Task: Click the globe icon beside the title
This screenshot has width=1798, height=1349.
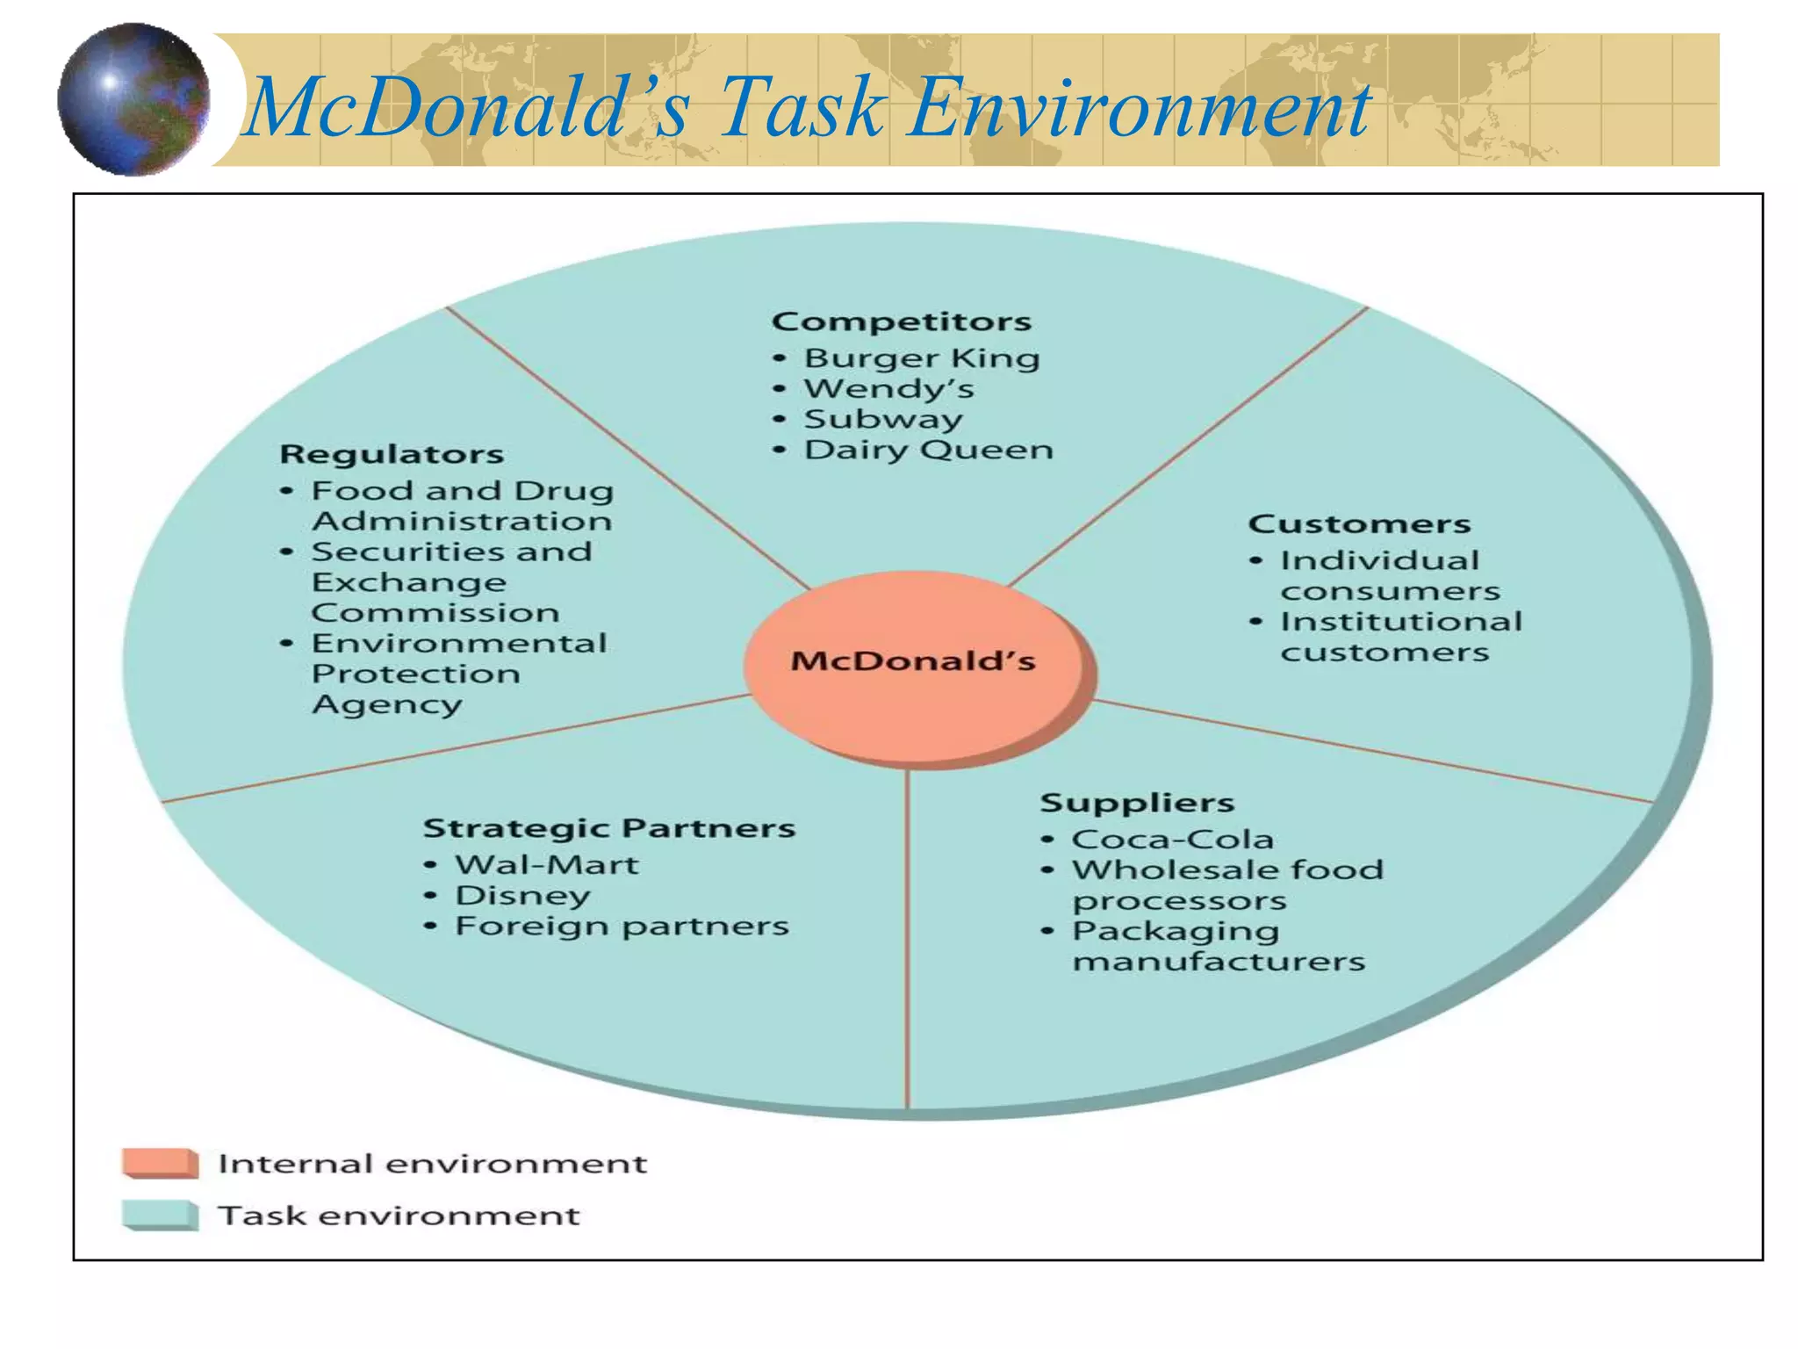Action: tap(133, 99)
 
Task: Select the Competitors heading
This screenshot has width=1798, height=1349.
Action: tap(901, 321)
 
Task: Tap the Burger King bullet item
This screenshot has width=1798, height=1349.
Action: tap(921, 358)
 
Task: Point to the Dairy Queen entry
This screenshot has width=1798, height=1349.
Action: tap(928, 450)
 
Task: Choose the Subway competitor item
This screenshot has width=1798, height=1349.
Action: tap(882, 419)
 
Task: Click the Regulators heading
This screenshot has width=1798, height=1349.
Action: tap(392, 454)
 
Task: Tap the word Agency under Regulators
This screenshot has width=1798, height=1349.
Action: tap(386, 704)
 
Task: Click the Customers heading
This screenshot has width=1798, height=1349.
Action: tap(1359, 524)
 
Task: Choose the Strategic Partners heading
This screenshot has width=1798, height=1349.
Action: tap(608, 828)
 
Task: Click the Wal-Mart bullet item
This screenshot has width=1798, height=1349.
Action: tap(546, 865)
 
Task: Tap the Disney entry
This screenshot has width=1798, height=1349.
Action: tap(522, 896)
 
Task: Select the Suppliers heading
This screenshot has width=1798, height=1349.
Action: tap(1137, 803)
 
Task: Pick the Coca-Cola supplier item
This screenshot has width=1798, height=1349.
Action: tap(1172, 840)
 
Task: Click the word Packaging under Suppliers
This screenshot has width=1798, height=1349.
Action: tap(1175, 931)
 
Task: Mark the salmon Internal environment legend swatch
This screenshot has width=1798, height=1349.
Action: tap(160, 1163)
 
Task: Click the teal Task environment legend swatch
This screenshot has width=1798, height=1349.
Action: tap(160, 1216)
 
